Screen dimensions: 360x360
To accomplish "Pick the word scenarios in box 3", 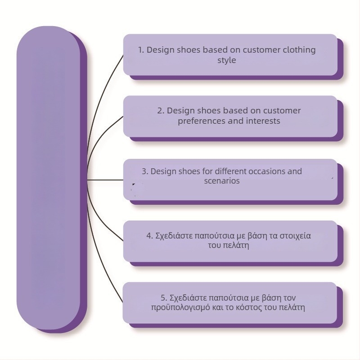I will click(x=221, y=181).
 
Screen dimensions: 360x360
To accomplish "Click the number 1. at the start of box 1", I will click(x=141, y=50).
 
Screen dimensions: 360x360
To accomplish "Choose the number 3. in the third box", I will click(x=145, y=171).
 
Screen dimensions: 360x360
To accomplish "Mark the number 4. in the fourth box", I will click(x=150, y=235).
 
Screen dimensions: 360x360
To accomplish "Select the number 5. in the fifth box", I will click(x=164, y=298).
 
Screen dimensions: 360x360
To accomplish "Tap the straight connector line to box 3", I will click(x=106, y=180).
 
